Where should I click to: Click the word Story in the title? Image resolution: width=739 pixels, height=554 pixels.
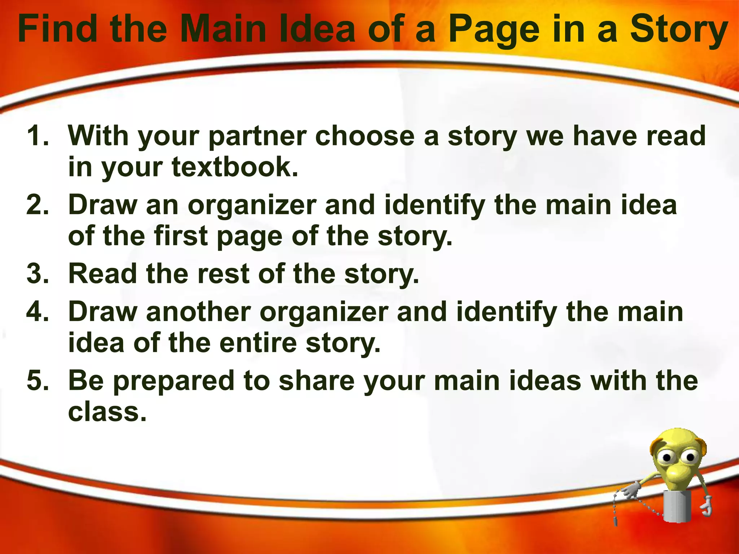[678, 30]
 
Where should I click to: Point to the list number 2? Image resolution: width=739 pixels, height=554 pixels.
[38, 205]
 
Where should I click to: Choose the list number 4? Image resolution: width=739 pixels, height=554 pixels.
[38, 312]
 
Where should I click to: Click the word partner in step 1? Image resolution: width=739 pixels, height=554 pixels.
[258, 136]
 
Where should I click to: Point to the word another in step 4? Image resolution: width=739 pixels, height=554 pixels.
[198, 312]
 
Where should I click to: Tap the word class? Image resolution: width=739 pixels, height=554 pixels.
[107, 412]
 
